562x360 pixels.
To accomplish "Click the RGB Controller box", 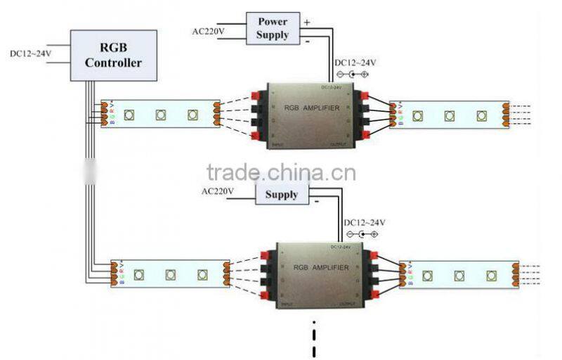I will [x=113, y=55].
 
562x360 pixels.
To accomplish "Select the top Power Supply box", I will [x=272, y=28].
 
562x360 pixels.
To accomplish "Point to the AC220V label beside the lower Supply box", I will [x=218, y=191].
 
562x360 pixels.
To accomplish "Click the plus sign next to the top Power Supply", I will [x=306, y=22].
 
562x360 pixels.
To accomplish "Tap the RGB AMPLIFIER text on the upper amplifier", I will [x=311, y=108].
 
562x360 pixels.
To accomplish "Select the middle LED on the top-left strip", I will [x=161, y=114].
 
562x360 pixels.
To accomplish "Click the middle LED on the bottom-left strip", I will [x=170, y=274].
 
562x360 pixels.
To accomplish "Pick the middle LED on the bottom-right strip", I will [x=459, y=275].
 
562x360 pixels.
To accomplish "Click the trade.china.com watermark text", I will [x=281, y=173].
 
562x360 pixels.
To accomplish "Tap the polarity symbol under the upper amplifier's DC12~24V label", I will [x=353, y=74].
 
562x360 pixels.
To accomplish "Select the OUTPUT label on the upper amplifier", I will [x=339, y=146].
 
